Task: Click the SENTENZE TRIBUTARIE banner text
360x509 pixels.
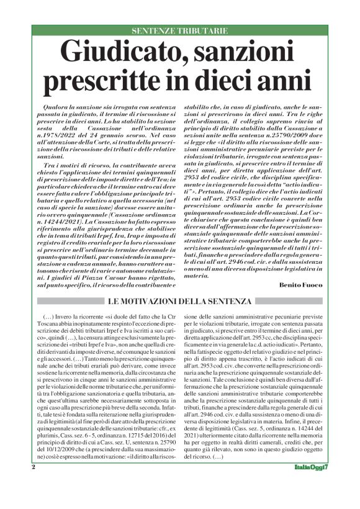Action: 181,30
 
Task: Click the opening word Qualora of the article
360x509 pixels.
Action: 53,107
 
